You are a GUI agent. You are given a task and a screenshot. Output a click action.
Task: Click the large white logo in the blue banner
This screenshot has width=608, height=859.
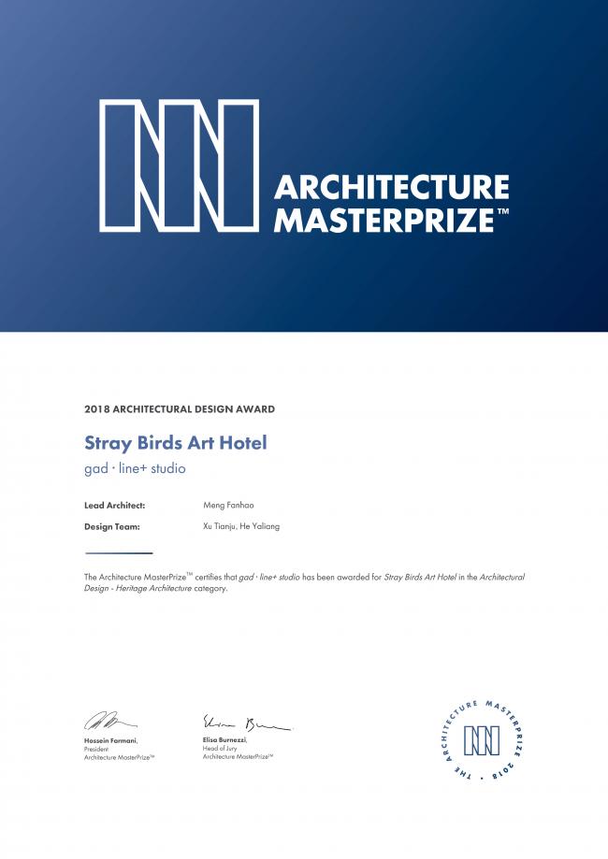pyautogui.click(x=179, y=165)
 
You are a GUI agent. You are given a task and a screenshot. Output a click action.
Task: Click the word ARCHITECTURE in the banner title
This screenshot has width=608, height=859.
pyautogui.click(x=391, y=188)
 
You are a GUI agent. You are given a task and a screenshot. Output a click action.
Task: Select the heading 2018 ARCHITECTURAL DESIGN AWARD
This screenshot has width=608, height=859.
pyautogui.click(x=180, y=409)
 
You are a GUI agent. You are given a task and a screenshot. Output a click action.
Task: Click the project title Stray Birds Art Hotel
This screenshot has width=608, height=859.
pyautogui.click(x=176, y=443)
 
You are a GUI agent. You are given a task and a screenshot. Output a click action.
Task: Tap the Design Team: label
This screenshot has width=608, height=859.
pyautogui.click(x=112, y=526)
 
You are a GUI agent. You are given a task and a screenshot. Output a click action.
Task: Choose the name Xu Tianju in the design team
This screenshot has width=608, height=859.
pyautogui.click(x=221, y=526)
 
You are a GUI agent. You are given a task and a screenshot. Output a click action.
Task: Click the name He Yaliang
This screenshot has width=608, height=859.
pyautogui.click(x=262, y=526)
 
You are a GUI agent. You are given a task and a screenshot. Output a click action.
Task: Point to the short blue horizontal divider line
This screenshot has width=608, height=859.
pyautogui.click(x=118, y=552)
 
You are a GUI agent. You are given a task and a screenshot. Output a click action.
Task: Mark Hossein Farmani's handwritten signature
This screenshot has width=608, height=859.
pyautogui.click(x=109, y=721)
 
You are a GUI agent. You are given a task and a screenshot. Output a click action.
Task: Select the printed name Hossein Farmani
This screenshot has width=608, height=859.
pyautogui.click(x=110, y=739)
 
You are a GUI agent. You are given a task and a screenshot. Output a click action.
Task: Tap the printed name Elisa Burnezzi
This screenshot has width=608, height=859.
pyautogui.click(x=224, y=739)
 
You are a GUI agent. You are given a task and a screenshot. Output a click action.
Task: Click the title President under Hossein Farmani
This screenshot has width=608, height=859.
pyautogui.click(x=97, y=748)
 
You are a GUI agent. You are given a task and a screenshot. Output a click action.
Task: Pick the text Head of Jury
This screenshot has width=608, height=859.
pyautogui.click(x=222, y=748)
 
